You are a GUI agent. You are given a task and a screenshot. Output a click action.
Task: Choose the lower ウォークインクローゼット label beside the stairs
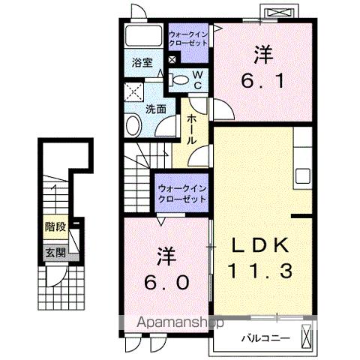181,193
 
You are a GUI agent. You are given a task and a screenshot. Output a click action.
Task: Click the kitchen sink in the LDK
303,176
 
